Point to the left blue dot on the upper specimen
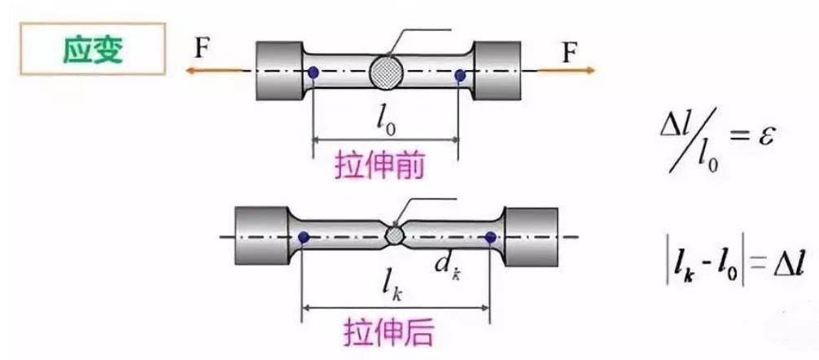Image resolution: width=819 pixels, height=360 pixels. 313,74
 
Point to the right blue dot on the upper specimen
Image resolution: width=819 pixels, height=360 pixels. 460,76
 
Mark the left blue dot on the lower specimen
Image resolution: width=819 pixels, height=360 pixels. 304,238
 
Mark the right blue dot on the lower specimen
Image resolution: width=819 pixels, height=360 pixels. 490,237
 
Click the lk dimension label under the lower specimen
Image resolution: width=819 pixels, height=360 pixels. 396,287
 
